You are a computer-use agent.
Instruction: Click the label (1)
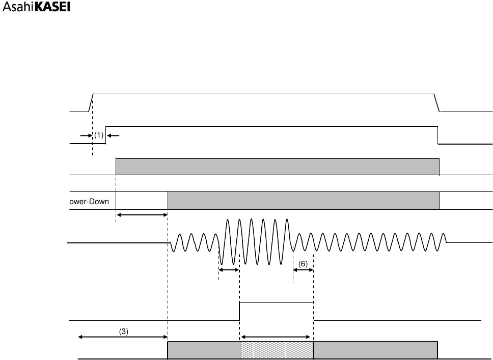pos(99,135)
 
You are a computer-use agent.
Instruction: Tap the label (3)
pos(124,330)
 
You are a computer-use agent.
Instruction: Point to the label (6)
pos(303,264)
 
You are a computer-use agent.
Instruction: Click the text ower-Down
pos(89,201)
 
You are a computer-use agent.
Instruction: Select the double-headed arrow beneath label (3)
pos(123,337)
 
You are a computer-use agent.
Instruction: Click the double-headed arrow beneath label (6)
pos(304,270)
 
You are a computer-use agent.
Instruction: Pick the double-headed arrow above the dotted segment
pos(276,337)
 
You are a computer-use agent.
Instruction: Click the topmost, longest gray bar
pos(278,167)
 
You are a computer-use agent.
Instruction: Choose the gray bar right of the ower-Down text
pos(304,200)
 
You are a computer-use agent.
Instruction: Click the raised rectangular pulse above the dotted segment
pos(277,311)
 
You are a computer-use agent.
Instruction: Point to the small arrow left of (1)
pos(85,135)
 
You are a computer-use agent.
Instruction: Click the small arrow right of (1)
pos(113,135)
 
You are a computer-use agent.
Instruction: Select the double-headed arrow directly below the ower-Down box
pos(142,215)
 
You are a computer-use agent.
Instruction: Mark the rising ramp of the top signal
pos(91,102)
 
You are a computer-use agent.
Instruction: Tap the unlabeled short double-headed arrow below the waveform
pos(229,270)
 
